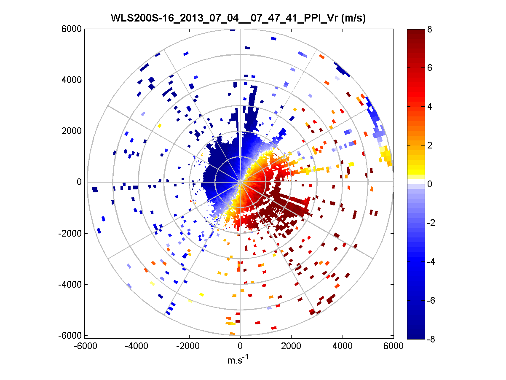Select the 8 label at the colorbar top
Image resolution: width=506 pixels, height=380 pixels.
coord(429,30)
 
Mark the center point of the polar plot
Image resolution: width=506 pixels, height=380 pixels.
coord(240,182)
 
